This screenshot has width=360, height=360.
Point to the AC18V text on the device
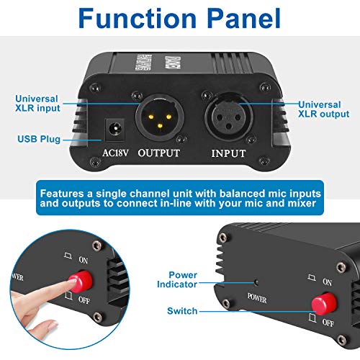pos(117,153)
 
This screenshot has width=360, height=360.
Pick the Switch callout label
pos(181,311)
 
